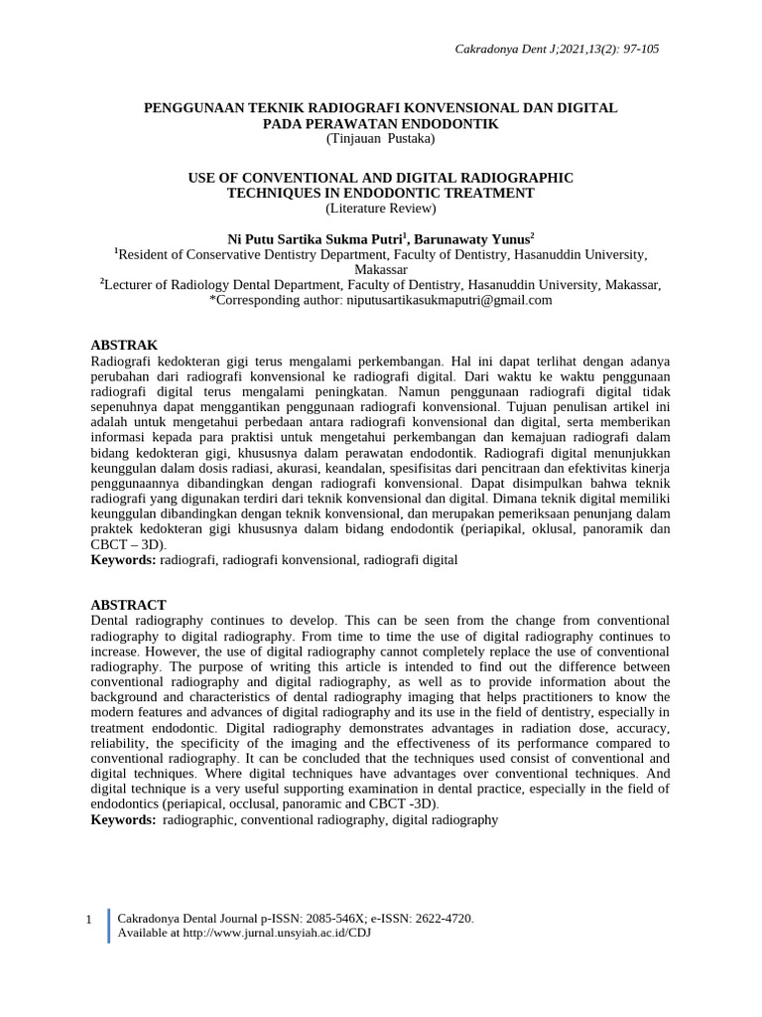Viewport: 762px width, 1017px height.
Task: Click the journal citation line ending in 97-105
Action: click(x=575, y=48)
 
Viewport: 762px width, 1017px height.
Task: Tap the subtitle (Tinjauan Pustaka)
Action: click(x=380, y=139)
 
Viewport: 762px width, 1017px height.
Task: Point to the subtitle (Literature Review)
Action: click(x=380, y=209)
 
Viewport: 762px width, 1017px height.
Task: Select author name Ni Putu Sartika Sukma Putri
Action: click(x=316, y=239)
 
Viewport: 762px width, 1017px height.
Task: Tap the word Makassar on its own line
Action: click(x=381, y=269)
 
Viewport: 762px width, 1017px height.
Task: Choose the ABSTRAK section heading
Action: click(x=124, y=345)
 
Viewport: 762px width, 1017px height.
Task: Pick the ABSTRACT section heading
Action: click(x=128, y=605)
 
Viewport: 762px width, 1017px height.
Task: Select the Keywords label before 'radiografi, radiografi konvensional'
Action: click(x=123, y=560)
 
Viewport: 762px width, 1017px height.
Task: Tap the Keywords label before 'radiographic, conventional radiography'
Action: click(x=123, y=819)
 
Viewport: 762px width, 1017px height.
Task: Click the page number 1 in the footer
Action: click(x=88, y=920)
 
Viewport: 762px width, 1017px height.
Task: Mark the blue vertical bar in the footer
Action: click(x=108, y=925)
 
